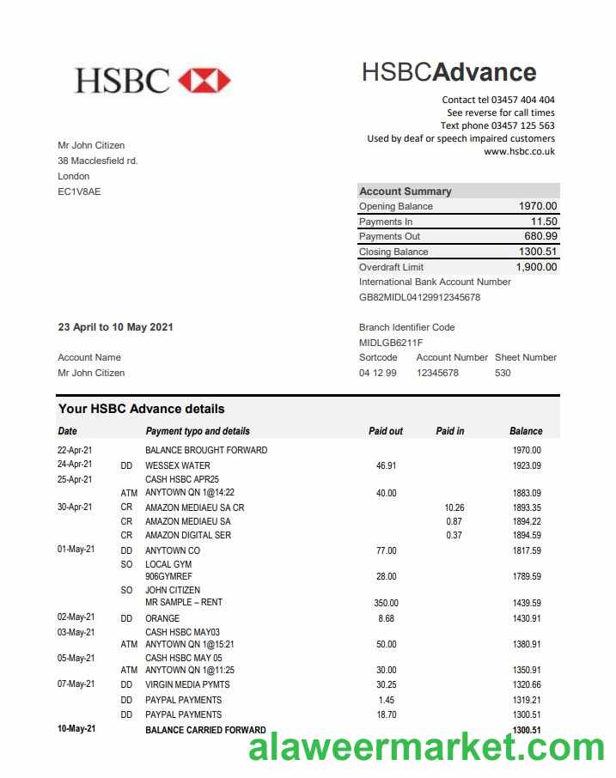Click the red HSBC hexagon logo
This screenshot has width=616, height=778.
pos(204,80)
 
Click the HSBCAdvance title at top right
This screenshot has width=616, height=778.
pos(448,72)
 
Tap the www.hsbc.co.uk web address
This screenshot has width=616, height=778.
pos(519,151)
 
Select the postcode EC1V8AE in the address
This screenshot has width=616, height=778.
pos(79,191)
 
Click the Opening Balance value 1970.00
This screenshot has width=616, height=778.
pos(538,206)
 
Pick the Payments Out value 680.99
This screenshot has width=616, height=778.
pos(540,236)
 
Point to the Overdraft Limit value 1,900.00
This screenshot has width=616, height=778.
pos(536,267)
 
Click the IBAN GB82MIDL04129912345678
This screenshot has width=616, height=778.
pos(419,297)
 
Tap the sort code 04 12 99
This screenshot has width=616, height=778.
pos(378,373)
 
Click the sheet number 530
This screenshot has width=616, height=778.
pos(503,373)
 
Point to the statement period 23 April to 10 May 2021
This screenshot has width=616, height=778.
pos(116,327)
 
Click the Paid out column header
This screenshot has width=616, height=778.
pos(386,431)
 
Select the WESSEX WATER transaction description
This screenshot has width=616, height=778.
pos(178,465)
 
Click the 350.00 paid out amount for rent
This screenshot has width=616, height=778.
pos(386,603)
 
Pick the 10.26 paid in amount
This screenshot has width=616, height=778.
pos(454,508)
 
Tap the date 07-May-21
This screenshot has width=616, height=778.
pos(76,684)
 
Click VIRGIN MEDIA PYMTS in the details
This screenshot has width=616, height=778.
pos(187,684)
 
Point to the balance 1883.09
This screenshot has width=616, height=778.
pos(526,493)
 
